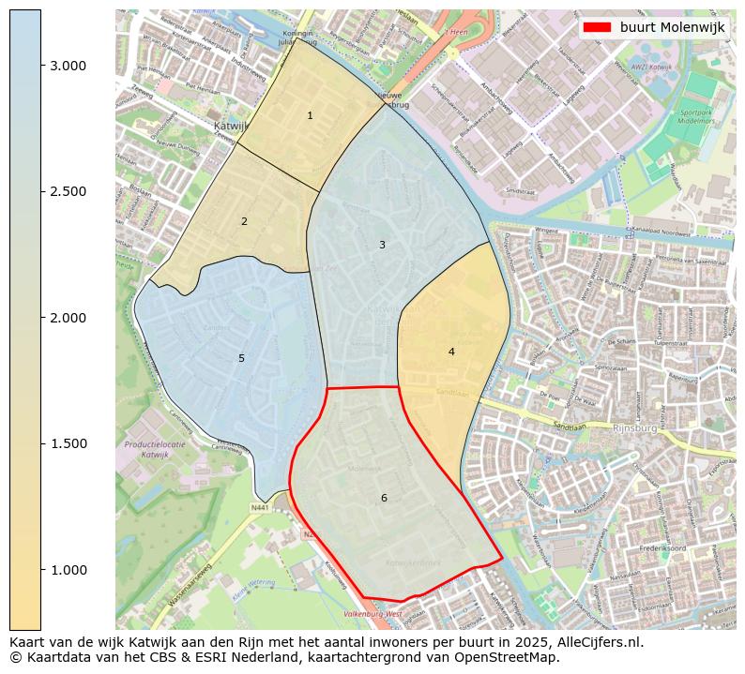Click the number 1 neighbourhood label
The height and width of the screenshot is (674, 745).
coord(310,116)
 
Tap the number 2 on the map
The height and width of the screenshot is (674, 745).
coord(244,222)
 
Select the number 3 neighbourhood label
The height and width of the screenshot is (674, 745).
coord(382,246)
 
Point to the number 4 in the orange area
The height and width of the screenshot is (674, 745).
coord(451,352)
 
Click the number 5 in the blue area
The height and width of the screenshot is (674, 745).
coord(241,359)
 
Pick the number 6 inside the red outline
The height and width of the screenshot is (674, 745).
coord(384,499)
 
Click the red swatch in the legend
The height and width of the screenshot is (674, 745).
coord(597,28)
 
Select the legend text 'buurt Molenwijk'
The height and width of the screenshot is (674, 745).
coord(672,28)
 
